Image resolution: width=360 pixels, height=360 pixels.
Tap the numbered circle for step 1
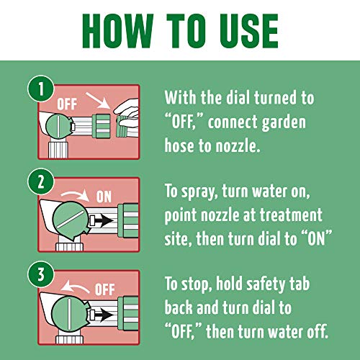[x=41, y=89]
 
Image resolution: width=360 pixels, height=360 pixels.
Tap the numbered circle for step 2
[x=41, y=181]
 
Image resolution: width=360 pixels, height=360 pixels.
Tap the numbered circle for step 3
[x=41, y=274]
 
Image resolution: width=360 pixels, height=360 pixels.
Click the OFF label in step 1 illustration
[x=67, y=104]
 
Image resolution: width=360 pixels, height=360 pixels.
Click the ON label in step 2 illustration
[x=104, y=197]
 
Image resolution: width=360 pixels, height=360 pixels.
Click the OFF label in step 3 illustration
[x=104, y=289]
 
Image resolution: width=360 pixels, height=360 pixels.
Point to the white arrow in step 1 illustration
[x=98, y=101]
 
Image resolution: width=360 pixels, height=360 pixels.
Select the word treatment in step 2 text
[x=291, y=215]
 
